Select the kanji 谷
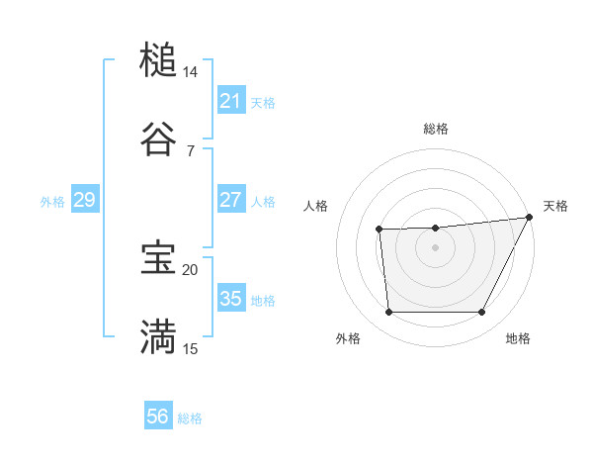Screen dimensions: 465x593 (x=158, y=139)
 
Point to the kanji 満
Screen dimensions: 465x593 (x=158, y=335)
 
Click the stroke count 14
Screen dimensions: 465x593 (x=191, y=72)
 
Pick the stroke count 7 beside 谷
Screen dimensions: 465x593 (x=191, y=150)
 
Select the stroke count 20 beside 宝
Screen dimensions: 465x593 (x=191, y=269)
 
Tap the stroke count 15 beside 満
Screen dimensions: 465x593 (x=191, y=348)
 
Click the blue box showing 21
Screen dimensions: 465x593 (x=230, y=101)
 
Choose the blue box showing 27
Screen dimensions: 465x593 (x=230, y=201)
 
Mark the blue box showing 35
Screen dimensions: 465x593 (x=230, y=299)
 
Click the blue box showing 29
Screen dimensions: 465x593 (x=84, y=201)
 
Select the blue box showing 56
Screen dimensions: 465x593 (x=158, y=417)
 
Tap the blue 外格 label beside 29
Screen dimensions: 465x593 (x=52, y=202)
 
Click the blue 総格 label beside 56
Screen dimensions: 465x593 (x=190, y=418)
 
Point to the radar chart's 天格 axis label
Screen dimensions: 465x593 (x=555, y=206)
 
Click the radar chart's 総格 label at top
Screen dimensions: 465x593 (x=436, y=130)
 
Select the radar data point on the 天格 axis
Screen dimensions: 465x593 (x=530, y=217)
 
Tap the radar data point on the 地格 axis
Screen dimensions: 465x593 (x=482, y=313)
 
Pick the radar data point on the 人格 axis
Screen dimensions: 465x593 (x=380, y=231)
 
